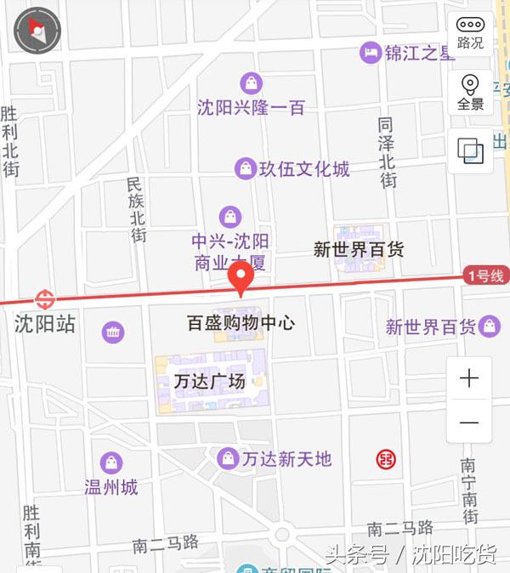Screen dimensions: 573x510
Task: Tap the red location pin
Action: [241, 278]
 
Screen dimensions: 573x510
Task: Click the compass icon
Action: [37, 31]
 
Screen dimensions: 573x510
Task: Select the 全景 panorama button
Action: [470, 92]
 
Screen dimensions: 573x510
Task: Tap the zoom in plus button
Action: [469, 379]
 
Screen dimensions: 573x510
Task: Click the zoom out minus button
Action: [469, 423]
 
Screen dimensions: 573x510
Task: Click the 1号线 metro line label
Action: [484, 275]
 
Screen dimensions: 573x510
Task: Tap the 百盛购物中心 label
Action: [241, 323]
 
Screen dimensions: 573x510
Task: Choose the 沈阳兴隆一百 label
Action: [250, 108]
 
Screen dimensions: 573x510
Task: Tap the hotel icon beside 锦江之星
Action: [369, 53]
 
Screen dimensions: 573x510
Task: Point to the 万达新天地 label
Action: [286, 459]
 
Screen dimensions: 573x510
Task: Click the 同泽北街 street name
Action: [387, 152]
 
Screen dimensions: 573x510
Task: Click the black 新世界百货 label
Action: [358, 250]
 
